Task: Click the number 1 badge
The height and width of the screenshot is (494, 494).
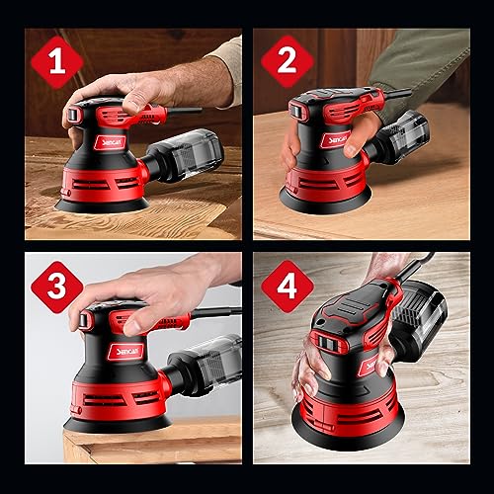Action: click(57, 61)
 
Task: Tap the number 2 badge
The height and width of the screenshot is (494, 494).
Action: click(287, 61)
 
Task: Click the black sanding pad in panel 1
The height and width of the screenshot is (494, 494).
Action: click(99, 204)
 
